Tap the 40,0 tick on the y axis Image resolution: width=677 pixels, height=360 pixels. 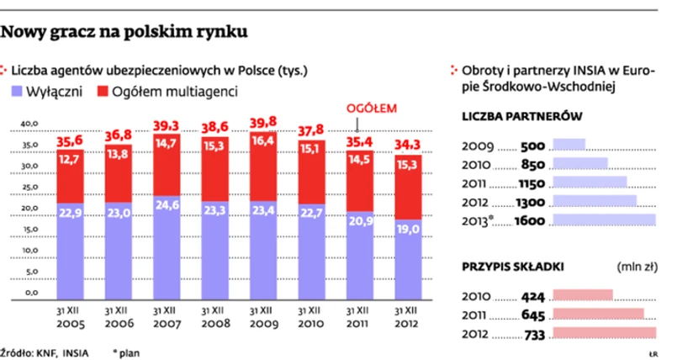(x=29, y=124)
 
